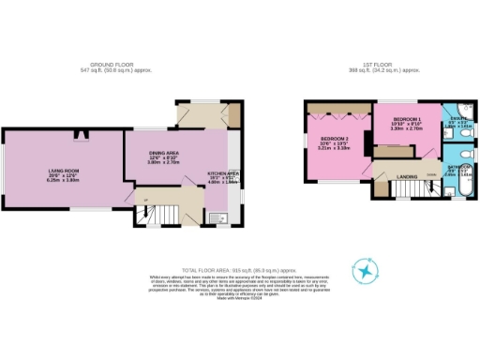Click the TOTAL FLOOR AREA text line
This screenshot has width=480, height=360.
240,270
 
